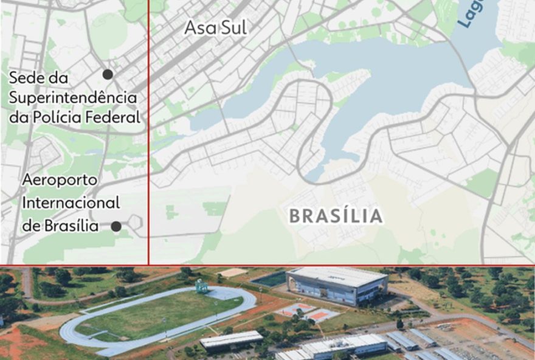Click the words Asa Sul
215,29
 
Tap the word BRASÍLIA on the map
336,216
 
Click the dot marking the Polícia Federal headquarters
108,74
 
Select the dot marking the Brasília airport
116,226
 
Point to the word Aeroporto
61,181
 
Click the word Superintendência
72,97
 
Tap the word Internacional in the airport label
71,203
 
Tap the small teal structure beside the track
201,285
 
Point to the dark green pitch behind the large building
269,279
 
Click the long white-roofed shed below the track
231,340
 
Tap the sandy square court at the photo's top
233,273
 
